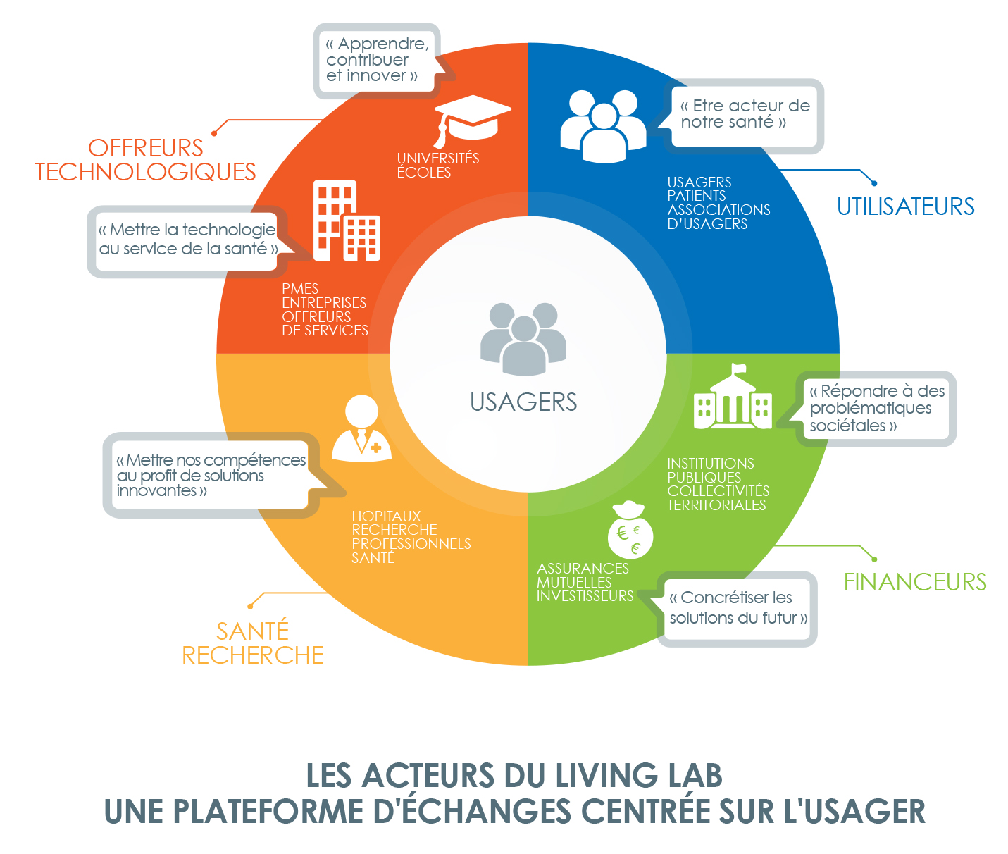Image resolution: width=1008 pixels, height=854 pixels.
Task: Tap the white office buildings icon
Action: pyautogui.click(x=347, y=221)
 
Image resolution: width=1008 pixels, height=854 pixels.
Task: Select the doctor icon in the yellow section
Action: pyautogui.click(x=361, y=428)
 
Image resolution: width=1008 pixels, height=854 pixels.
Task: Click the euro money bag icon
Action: pyautogui.click(x=630, y=530)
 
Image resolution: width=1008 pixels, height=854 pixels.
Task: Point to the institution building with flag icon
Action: pyautogui.click(x=733, y=397)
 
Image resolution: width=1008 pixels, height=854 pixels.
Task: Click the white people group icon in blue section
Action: pyautogui.click(x=604, y=126)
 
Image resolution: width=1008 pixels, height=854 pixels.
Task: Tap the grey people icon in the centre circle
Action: pyautogui.click(x=523, y=339)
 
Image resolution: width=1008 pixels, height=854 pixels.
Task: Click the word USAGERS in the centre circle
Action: pyautogui.click(x=523, y=402)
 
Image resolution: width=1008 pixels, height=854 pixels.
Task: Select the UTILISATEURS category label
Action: pyautogui.click(x=906, y=206)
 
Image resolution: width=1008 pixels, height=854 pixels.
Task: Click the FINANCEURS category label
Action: pyautogui.click(x=915, y=582)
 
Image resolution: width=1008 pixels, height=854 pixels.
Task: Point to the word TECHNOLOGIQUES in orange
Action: pyautogui.click(x=145, y=172)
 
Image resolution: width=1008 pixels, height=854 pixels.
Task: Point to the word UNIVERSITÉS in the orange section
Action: pyautogui.click(x=438, y=158)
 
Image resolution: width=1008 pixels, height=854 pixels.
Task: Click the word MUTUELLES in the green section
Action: pyautogui.click(x=574, y=582)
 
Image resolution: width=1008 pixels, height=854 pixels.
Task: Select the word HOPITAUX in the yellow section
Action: pyautogui.click(x=386, y=516)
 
